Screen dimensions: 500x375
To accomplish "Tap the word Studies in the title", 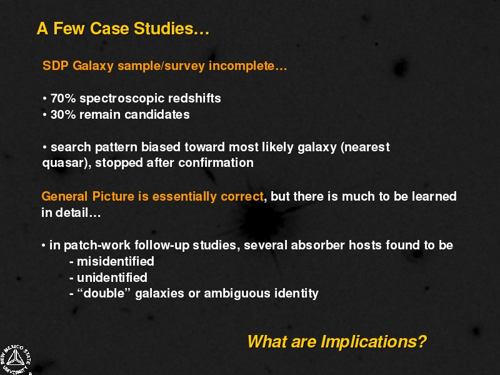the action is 164,28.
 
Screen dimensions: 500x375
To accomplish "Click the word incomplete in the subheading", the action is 242,66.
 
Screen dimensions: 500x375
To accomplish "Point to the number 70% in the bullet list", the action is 63,98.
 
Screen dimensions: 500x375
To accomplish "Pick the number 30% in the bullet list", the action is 63,114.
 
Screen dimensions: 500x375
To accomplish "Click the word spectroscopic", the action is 122,99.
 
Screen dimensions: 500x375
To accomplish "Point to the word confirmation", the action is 216,163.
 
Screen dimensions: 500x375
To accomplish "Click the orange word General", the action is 64,196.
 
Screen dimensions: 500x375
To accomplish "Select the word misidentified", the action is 116,261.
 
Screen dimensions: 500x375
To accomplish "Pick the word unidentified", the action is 112,277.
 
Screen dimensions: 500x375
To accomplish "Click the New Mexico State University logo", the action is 15,360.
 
